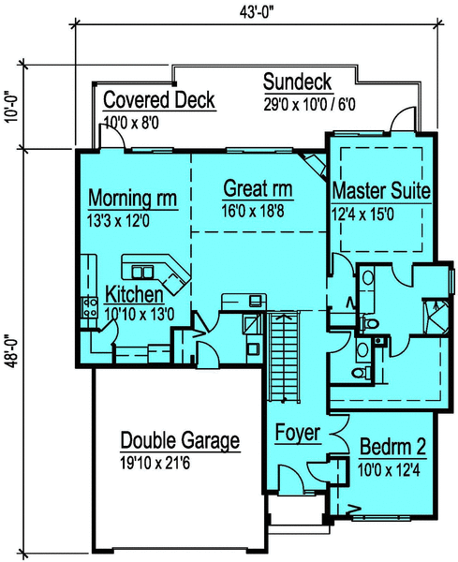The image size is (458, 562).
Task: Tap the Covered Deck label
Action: point(159,100)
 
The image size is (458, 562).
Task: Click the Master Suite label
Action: point(382,191)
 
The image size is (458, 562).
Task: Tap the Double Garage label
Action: point(180,440)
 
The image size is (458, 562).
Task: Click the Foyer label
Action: point(298,434)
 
